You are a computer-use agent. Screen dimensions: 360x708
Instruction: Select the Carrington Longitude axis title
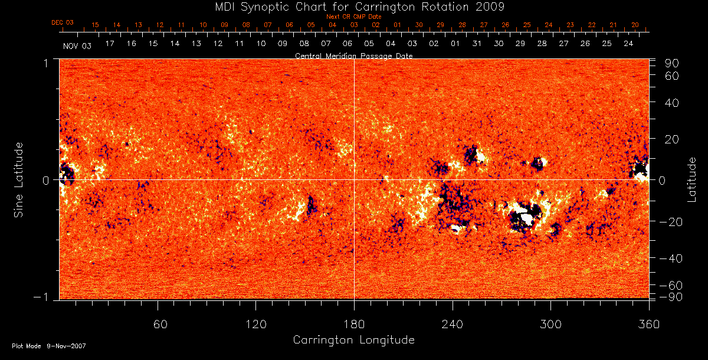point(353,340)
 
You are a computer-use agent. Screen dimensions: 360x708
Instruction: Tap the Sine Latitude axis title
point(18,179)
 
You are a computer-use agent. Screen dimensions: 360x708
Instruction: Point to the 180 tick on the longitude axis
point(353,323)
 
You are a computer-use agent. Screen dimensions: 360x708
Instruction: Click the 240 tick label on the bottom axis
point(453,323)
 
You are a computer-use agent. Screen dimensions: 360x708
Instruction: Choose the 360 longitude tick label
point(648,323)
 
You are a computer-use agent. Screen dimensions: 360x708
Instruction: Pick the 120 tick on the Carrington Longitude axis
point(255,323)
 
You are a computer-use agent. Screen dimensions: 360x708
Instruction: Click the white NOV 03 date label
point(77,45)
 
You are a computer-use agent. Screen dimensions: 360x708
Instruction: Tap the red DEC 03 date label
point(62,22)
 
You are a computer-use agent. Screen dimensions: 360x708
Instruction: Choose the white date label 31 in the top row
point(477,44)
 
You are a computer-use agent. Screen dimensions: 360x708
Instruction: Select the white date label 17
point(110,44)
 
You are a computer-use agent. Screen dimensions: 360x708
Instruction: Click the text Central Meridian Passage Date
point(353,55)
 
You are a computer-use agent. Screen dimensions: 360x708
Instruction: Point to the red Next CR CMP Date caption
point(353,17)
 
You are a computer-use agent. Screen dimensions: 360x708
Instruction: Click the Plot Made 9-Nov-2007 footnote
point(49,346)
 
